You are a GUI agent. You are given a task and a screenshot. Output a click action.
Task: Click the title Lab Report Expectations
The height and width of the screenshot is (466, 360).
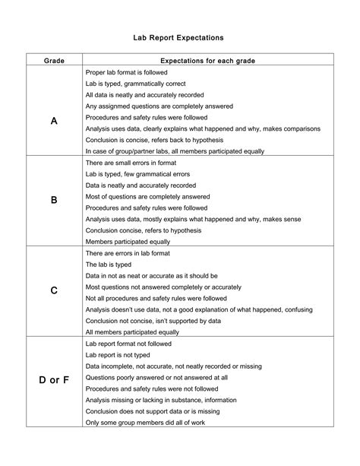coord(180,36)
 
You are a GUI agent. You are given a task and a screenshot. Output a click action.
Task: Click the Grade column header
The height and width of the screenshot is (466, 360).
coord(54,59)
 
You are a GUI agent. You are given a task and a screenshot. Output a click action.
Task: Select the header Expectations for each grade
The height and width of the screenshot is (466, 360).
coord(207,59)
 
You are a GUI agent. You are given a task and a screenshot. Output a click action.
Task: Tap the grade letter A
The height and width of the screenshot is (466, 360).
coord(54,121)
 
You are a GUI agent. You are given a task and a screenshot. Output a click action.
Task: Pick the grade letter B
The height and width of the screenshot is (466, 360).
coord(54,201)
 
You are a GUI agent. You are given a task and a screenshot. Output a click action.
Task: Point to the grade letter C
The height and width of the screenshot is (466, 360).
coord(54,290)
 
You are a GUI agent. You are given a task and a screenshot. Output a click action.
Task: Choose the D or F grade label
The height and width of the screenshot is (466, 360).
coord(54,379)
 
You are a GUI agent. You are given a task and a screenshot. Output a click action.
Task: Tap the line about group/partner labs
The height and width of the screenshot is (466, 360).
coord(175,151)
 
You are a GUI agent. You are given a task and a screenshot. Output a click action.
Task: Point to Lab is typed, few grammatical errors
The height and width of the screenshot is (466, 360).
coord(137,174)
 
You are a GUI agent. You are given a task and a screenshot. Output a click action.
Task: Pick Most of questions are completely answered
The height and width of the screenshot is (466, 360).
coord(147,196)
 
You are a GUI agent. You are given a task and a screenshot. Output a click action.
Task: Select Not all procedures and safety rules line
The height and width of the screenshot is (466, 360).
coord(156,298)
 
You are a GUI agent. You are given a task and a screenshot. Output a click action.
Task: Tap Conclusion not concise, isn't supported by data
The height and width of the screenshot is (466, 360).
coord(154,321)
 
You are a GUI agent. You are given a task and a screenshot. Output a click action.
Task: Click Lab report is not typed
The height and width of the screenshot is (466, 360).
coord(120,354)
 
